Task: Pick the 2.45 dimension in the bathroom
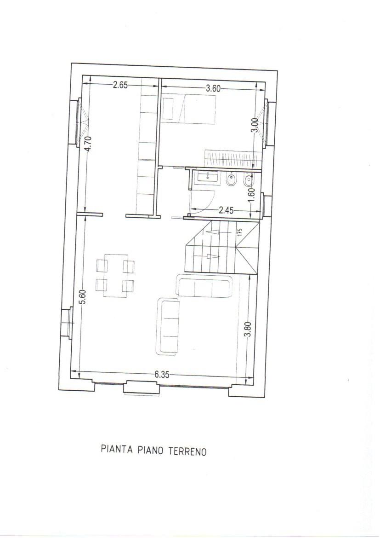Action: (x=226, y=210)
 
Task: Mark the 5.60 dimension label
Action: (x=83, y=296)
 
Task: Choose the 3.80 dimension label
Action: (x=248, y=330)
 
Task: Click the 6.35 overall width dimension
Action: (x=162, y=375)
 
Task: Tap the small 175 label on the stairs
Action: (x=239, y=232)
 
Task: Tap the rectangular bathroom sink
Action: (x=208, y=178)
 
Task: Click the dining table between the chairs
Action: (x=115, y=275)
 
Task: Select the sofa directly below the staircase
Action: (x=204, y=286)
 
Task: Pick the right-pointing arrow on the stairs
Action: (x=213, y=256)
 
